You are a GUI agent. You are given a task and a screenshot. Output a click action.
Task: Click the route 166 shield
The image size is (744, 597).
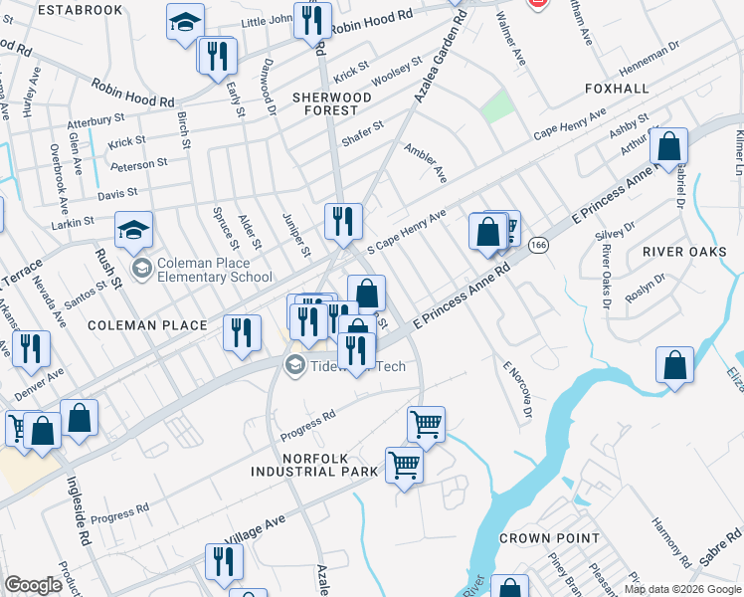point(538,245)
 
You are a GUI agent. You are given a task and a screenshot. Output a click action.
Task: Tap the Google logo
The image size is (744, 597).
point(33,585)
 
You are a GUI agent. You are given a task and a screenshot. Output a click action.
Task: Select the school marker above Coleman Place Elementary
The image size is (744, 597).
point(133,230)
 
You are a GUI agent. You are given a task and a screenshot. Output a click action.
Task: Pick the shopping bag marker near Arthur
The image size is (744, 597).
point(668,145)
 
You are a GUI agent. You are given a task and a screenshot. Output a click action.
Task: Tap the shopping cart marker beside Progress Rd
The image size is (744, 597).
point(426,425)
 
